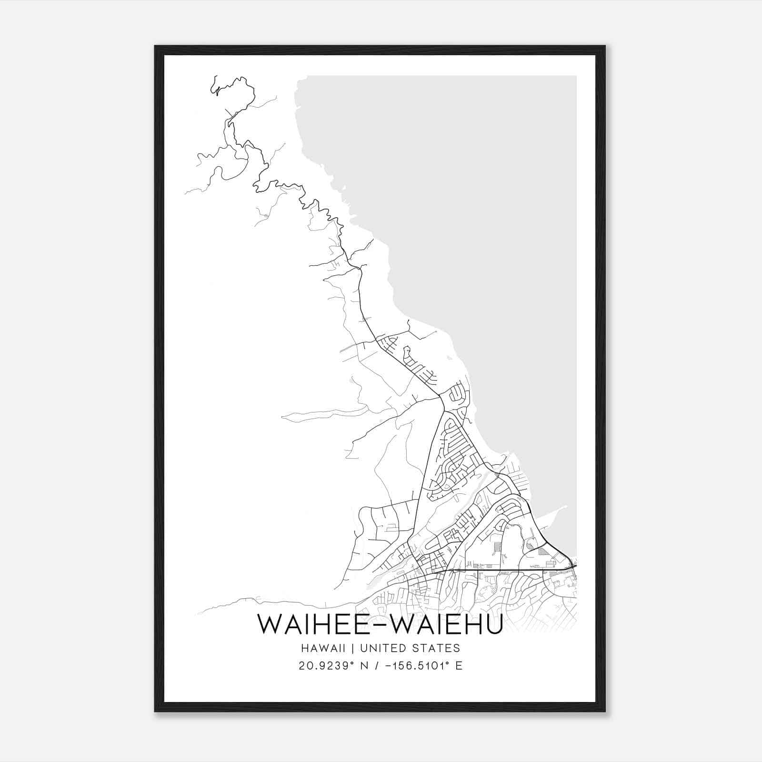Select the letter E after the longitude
click(459, 666)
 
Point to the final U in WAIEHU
click(494, 624)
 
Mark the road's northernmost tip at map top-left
click(216, 76)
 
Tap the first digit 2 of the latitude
click(302, 666)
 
